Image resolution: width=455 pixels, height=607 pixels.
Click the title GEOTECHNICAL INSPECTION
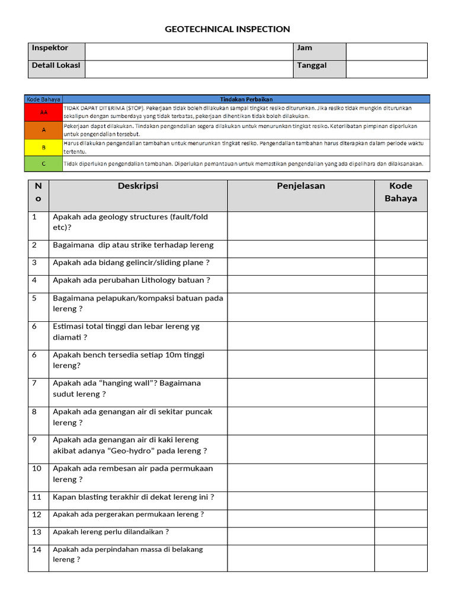[x=227, y=29]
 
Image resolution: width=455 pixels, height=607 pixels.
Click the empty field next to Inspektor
[x=189, y=52]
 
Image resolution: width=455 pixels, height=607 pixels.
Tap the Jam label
[x=305, y=48]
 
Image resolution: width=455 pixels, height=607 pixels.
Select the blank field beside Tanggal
[x=386, y=69]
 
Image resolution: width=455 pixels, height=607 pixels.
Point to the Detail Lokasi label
[x=56, y=65]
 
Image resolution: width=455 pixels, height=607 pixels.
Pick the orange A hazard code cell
[x=44, y=130]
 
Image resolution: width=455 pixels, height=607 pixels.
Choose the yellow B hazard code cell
[x=44, y=147]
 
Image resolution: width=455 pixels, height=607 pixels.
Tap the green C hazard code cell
[x=44, y=164]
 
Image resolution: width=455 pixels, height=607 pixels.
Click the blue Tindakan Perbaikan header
[x=246, y=99]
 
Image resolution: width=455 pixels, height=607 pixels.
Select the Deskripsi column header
[x=138, y=186]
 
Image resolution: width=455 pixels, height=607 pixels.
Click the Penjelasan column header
[x=300, y=186]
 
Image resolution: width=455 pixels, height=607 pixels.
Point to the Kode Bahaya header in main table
[x=400, y=192]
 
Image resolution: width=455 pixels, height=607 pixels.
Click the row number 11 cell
[x=37, y=497]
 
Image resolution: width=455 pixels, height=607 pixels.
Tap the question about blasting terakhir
[x=133, y=497]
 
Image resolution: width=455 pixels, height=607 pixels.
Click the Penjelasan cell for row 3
[x=300, y=266]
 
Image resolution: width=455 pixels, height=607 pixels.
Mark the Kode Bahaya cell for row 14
[x=400, y=558]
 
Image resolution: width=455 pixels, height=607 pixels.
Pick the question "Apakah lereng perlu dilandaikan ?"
[x=111, y=532]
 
